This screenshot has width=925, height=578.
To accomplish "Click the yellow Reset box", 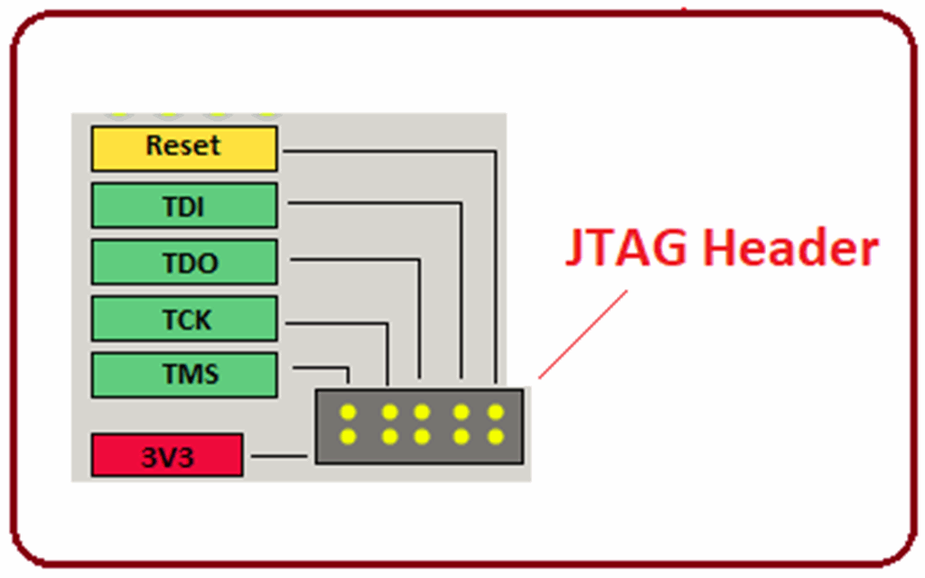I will pyautogui.click(x=183, y=148).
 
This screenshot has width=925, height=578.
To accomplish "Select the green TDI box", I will pyautogui.click(x=183, y=206).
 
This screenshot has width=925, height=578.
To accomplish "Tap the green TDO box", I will pyautogui.click(x=183, y=263).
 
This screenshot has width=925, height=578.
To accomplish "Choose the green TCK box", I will pyautogui.click(x=183, y=319).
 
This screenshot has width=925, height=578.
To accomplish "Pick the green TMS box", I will pyautogui.click(x=183, y=375).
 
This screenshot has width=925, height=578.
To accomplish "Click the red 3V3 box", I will pyautogui.click(x=167, y=455).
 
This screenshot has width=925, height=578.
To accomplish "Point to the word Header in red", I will pyautogui.click(x=790, y=248).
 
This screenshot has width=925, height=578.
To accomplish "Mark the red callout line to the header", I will pyautogui.click(x=583, y=334).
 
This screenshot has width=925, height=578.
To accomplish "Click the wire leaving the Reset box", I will pyautogui.click(x=388, y=153).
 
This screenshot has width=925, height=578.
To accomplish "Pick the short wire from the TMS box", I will pyautogui.click(x=321, y=368).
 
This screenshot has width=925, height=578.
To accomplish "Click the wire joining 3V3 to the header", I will pyautogui.click(x=280, y=455).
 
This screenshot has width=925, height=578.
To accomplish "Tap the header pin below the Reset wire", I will pyautogui.click(x=495, y=413).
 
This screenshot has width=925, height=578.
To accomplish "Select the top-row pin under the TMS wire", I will pyautogui.click(x=349, y=413).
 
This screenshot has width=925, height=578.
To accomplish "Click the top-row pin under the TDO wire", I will pyautogui.click(x=421, y=413).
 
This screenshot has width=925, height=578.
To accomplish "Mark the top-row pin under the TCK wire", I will pyautogui.click(x=389, y=413).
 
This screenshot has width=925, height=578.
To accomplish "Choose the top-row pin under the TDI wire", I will pyautogui.click(x=462, y=413).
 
